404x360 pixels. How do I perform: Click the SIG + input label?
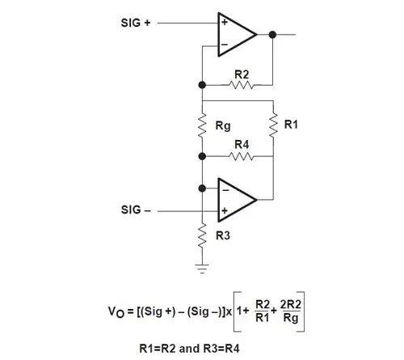coord(135,23)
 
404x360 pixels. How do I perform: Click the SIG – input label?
coord(135,210)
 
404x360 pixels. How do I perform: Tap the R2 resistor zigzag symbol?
coord(241,85)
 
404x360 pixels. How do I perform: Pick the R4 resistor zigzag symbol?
coord(241,155)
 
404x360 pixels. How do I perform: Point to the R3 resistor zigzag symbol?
coord(200,237)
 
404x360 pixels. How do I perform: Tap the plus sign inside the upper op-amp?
coord(223,23)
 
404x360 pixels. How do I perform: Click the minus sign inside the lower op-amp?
coord(223,188)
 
